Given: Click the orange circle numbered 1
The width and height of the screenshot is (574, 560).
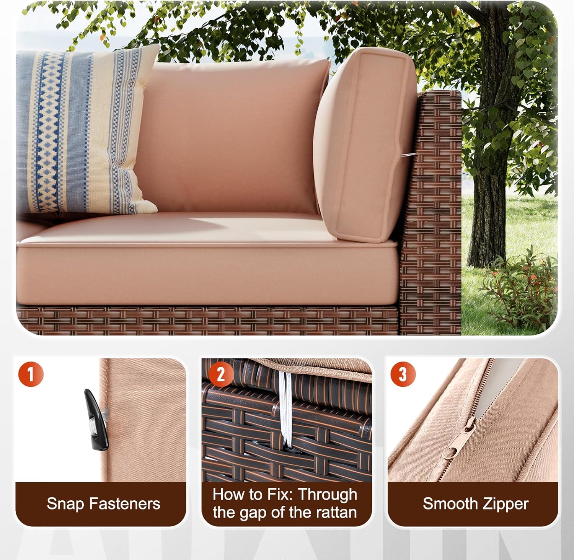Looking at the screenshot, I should click(31, 374).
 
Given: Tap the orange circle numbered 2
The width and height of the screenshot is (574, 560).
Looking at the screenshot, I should click(221, 374).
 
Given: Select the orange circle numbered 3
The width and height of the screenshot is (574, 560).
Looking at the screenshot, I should click(403, 374).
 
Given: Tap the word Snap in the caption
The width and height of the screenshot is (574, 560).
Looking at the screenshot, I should click(65, 504).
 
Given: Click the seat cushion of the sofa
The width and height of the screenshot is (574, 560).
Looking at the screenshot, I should click(207, 264).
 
